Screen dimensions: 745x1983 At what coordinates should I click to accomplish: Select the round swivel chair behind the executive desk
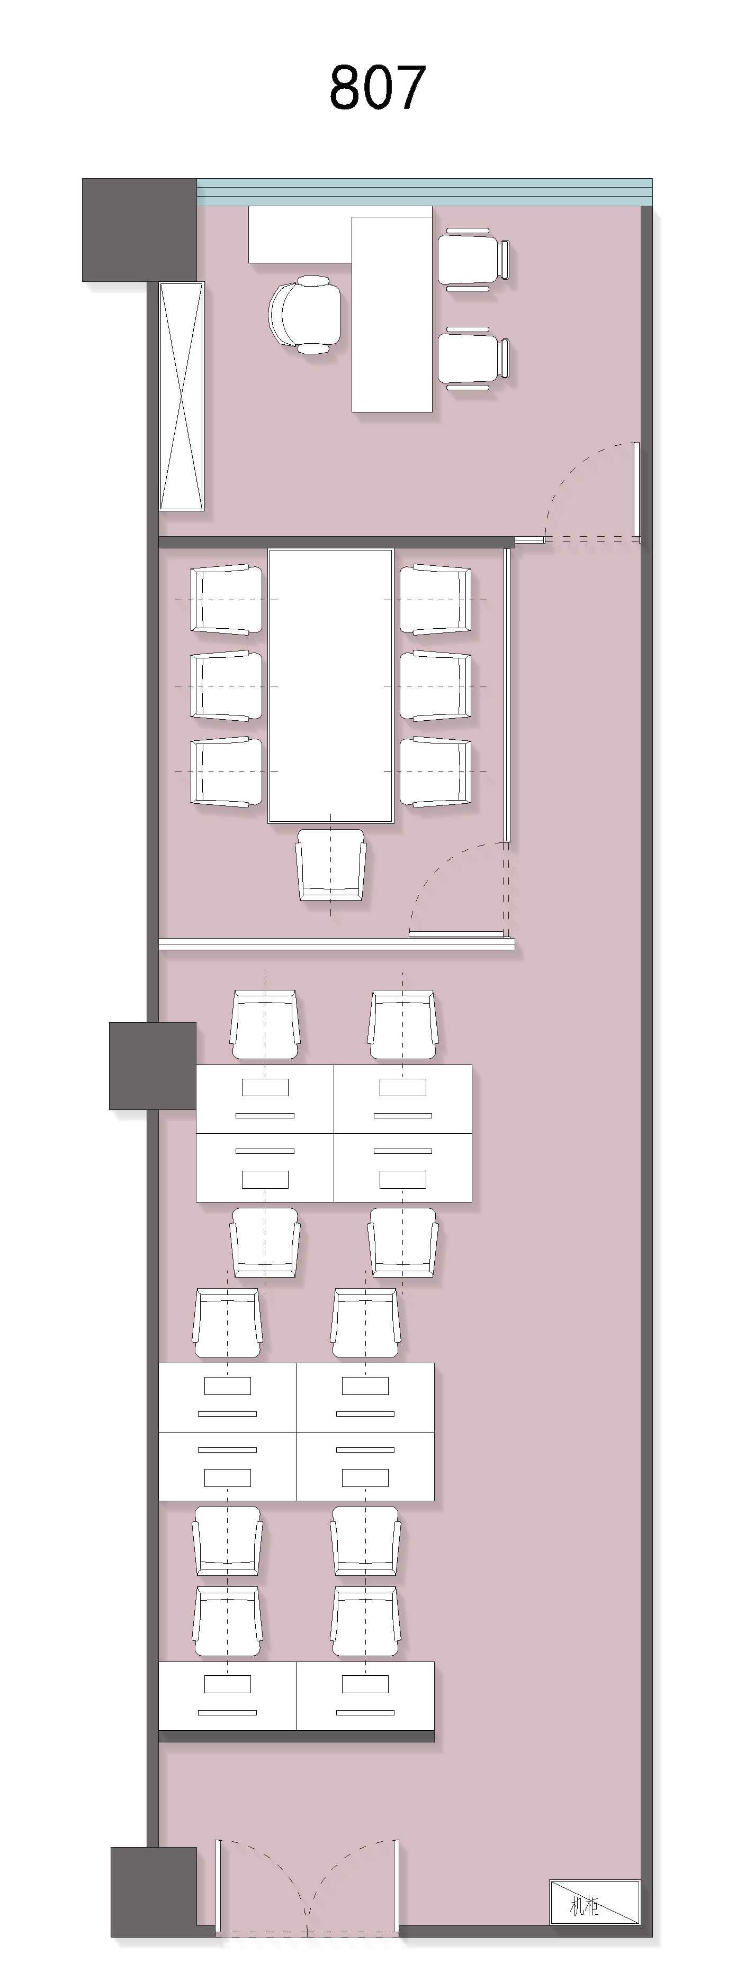coord(304,315)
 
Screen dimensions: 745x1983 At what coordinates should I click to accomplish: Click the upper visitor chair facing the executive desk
coord(473,260)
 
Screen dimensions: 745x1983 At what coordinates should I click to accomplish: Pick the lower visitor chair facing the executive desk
coord(473,359)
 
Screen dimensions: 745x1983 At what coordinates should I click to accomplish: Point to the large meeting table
coord(330,686)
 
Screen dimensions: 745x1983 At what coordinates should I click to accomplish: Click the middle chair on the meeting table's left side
coord(226,686)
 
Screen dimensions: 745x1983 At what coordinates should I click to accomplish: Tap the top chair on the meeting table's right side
coord(435,600)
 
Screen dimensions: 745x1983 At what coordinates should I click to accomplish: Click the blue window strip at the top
coord(425,191)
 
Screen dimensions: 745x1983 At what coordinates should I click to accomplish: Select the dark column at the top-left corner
coord(139,229)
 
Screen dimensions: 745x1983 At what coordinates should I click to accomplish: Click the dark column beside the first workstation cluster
coord(152,1066)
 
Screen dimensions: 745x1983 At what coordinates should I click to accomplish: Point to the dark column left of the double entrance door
coord(154,1892)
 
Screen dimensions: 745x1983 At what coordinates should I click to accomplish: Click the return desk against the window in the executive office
coord(300,234)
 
